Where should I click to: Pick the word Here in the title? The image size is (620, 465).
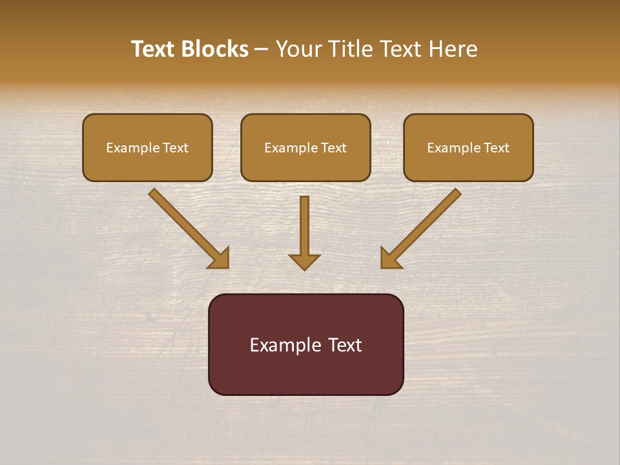(455, 49)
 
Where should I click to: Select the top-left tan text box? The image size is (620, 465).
(147, 147)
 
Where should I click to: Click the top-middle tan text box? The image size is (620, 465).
(305, 147)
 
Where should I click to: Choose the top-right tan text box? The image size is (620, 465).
(468, 147)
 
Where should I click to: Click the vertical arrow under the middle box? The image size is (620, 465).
(304, 226)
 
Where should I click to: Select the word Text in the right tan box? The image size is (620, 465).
(497, 148)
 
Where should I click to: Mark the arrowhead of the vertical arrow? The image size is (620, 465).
(304, 262)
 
